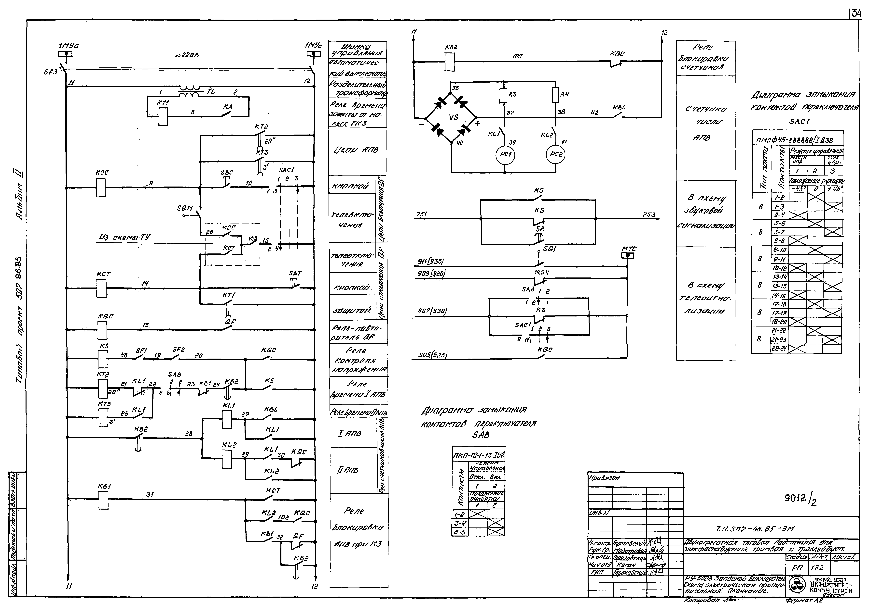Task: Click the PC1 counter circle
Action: click(x=505, y=154)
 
